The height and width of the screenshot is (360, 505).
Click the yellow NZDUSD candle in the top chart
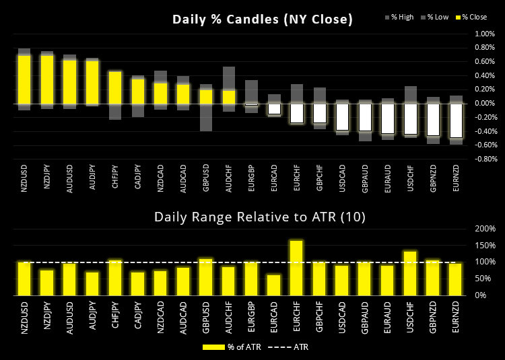(x=24, y=79)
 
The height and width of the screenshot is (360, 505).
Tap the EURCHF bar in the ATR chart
(x=296, y=268)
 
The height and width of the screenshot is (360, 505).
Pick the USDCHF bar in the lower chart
(x=410, y=273)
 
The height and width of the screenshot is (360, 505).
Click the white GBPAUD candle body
(x=365, y=117)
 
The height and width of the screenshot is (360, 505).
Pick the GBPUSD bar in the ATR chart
(x=205, y=277)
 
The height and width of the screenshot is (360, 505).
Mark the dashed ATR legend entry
(x=286, y=347)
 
